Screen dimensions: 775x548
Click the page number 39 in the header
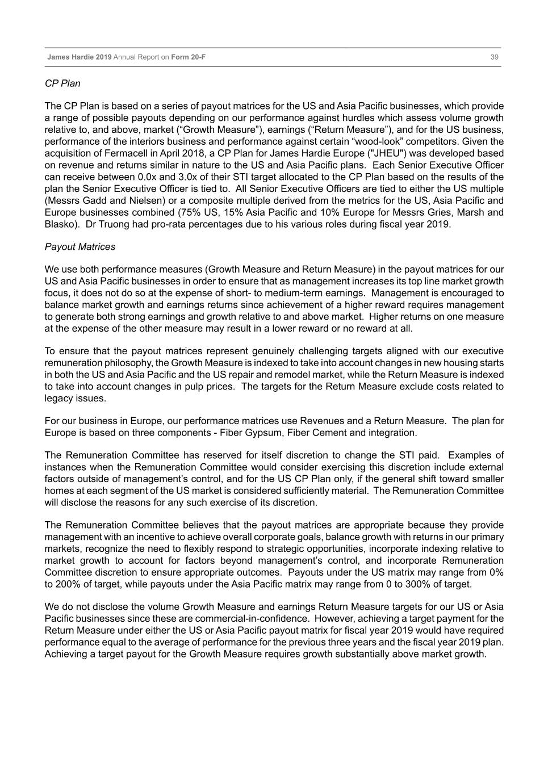point(494,57)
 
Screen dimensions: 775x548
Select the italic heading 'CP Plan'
point(62,83)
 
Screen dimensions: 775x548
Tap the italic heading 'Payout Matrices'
point(80,247)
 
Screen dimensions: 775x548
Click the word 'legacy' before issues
point(58,399)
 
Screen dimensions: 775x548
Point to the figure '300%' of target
point(430,585)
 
